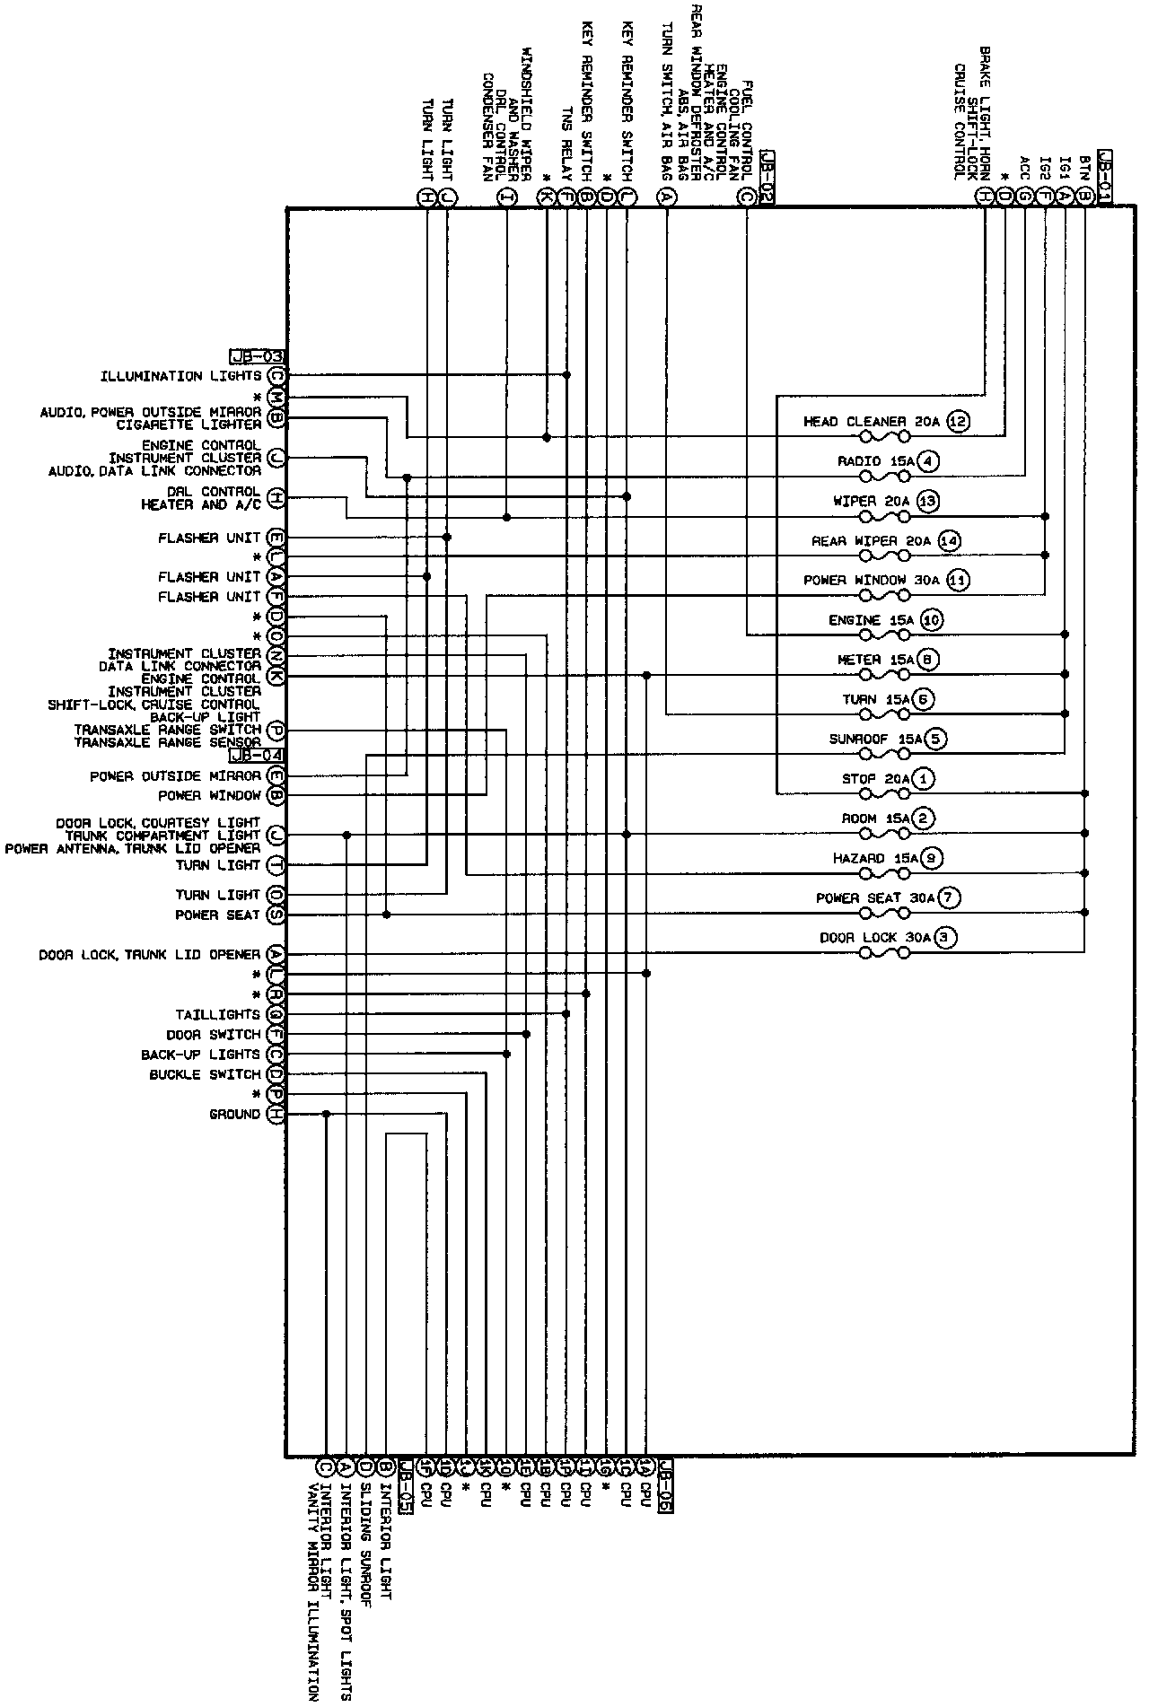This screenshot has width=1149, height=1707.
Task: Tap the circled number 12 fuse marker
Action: (x=959, y=421)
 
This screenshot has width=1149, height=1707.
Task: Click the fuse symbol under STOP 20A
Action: (x=884, y=794)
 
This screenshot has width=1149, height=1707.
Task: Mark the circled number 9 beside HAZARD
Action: (x=933, y=858)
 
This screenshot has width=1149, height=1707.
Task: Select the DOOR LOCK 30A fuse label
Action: (x=875, y=938)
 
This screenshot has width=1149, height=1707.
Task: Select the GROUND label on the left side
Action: (x=234, y=1114)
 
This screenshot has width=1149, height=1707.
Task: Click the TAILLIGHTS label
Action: (x=217, y=1014)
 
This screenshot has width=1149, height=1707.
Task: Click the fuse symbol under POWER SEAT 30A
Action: (x=884, y=914)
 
